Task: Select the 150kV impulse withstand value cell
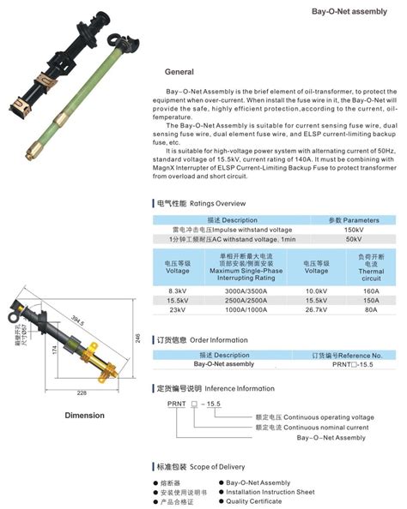coord(354,231)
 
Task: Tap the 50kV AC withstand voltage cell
coord(354,240)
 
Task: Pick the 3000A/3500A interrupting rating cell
coord(246,291)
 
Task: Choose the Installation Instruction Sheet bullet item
coord(270,492)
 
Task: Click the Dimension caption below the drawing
coord(84,416)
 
